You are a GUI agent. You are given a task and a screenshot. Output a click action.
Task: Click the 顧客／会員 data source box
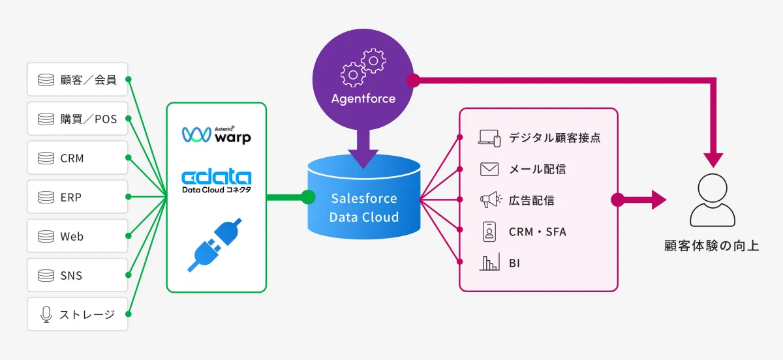[78, 80]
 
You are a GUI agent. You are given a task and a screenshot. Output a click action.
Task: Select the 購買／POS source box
[78, 119]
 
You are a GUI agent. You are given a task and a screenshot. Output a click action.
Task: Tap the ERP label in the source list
[70, 197]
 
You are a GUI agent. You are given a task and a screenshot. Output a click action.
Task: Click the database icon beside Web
[46, 236]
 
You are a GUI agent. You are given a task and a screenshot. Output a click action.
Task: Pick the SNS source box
[78, 275]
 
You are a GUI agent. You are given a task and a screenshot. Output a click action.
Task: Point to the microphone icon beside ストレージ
[46, 314]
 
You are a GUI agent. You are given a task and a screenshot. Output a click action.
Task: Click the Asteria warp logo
[216, 134]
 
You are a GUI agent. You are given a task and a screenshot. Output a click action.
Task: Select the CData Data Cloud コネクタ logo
[216, 181]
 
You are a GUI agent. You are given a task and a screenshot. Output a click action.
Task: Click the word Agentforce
[363, 99]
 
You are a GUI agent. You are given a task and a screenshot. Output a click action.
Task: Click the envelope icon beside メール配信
[489, 169]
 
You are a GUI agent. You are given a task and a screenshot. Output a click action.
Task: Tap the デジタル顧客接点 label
[555, 138]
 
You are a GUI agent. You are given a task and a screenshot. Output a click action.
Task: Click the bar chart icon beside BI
[489, 263]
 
